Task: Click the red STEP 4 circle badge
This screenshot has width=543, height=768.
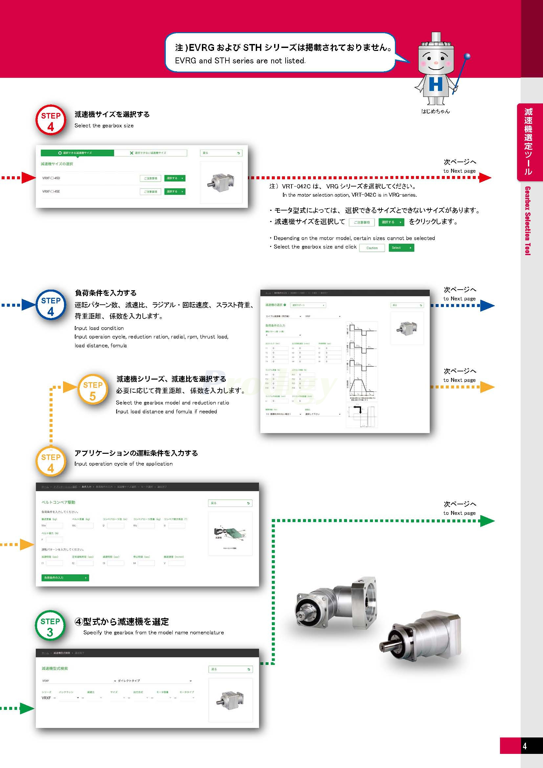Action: coord(51,120)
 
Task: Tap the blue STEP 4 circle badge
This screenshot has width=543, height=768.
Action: coord(51,305)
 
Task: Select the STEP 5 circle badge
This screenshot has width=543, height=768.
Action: coord(93,389)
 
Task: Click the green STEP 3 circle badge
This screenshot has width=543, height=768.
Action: coord(50,625)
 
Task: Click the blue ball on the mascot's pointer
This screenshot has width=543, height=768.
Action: coord(467,56)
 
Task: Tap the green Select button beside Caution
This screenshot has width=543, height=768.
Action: coord(401,248)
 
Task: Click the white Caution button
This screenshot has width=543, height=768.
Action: coord(372,248)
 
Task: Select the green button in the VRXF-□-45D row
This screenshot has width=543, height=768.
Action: coord(175,178)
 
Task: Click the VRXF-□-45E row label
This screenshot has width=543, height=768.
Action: coord(51,192)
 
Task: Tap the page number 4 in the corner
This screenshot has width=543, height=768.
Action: coord(525,746)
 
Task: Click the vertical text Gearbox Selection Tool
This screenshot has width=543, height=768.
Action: coord(528,221)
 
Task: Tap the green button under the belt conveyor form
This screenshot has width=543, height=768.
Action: coord(65,578)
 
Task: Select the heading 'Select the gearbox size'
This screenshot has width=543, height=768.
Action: coord(104,126)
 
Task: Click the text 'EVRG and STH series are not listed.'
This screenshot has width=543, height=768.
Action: coord(240,61)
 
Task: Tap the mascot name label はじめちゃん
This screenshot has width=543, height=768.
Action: coord(435,111)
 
